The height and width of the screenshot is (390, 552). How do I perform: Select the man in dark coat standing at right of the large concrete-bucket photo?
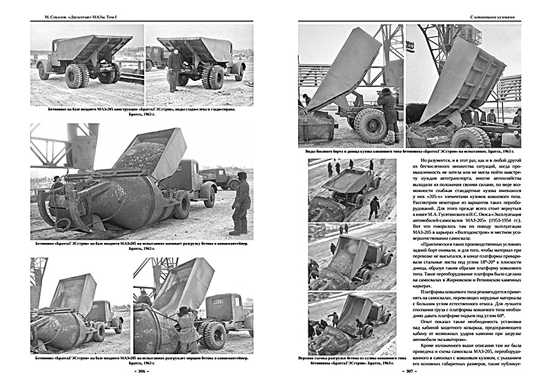click(240, 202)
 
